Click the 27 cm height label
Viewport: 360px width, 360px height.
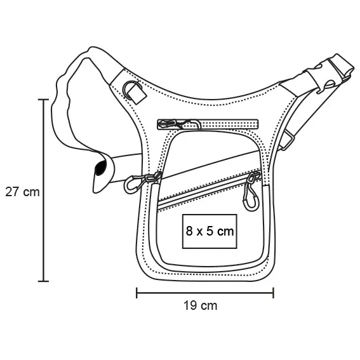[x=22, y=192]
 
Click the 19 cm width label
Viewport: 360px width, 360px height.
[x=200, y=305]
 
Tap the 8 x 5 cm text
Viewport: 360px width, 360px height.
[x=210, y=231]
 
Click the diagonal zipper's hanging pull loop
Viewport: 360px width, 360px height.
[x=250, y=193]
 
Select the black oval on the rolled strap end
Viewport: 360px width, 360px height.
[x=100, y=168]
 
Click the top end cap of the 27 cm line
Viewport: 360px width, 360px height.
[x=43, y=100]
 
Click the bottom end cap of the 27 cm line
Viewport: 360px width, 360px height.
[x=43, y=281]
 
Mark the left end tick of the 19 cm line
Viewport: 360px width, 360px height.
[x=137, y=293]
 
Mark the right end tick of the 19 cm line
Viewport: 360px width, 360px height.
[x=273, y=293]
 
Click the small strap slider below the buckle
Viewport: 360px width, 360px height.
[x=286, y=141]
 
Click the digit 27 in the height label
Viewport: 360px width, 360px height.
[x=11, y=192]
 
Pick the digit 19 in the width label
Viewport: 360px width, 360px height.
[x=190, y=305]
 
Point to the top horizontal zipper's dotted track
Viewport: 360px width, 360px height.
[x=230, y=124]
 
